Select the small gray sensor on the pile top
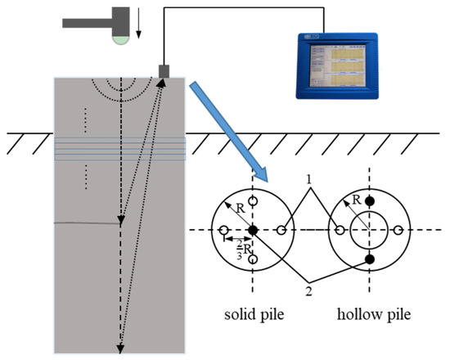tap(164, 72)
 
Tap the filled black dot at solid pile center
tap(253, 231)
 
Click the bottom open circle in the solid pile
tap(253, 260)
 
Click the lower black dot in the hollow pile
tap(370, 259)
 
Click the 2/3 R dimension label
tap(237, 252)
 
